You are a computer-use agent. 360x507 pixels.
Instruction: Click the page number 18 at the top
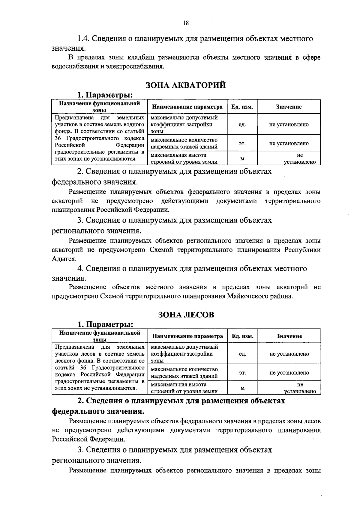click(186, 23)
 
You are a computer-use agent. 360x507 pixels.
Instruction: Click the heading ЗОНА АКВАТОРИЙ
click(186, 85)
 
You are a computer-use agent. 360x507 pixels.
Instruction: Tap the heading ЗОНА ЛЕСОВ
click(186, 315)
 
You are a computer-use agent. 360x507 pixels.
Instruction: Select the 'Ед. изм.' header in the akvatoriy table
click(242, 107)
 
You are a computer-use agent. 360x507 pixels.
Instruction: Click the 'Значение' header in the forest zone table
click(289, 336)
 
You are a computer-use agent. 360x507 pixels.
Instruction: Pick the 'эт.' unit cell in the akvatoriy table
click(242, 143)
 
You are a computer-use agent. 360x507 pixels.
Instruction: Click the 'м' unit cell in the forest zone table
click(242, 388)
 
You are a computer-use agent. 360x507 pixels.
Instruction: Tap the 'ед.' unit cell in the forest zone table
click(242, 354)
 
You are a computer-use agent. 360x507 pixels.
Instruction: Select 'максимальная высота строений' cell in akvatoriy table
click(184, 159)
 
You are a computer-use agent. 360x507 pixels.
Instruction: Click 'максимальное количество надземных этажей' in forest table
click(184, 373)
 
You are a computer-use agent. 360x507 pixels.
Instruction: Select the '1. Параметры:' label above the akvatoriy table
click(105, 95)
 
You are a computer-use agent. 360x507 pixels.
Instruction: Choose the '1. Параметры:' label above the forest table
click(105, 324)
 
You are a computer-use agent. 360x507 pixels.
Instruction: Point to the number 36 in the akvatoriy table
click(58, 138)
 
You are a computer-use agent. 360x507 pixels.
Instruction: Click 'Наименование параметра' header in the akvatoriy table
click(187, 107)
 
